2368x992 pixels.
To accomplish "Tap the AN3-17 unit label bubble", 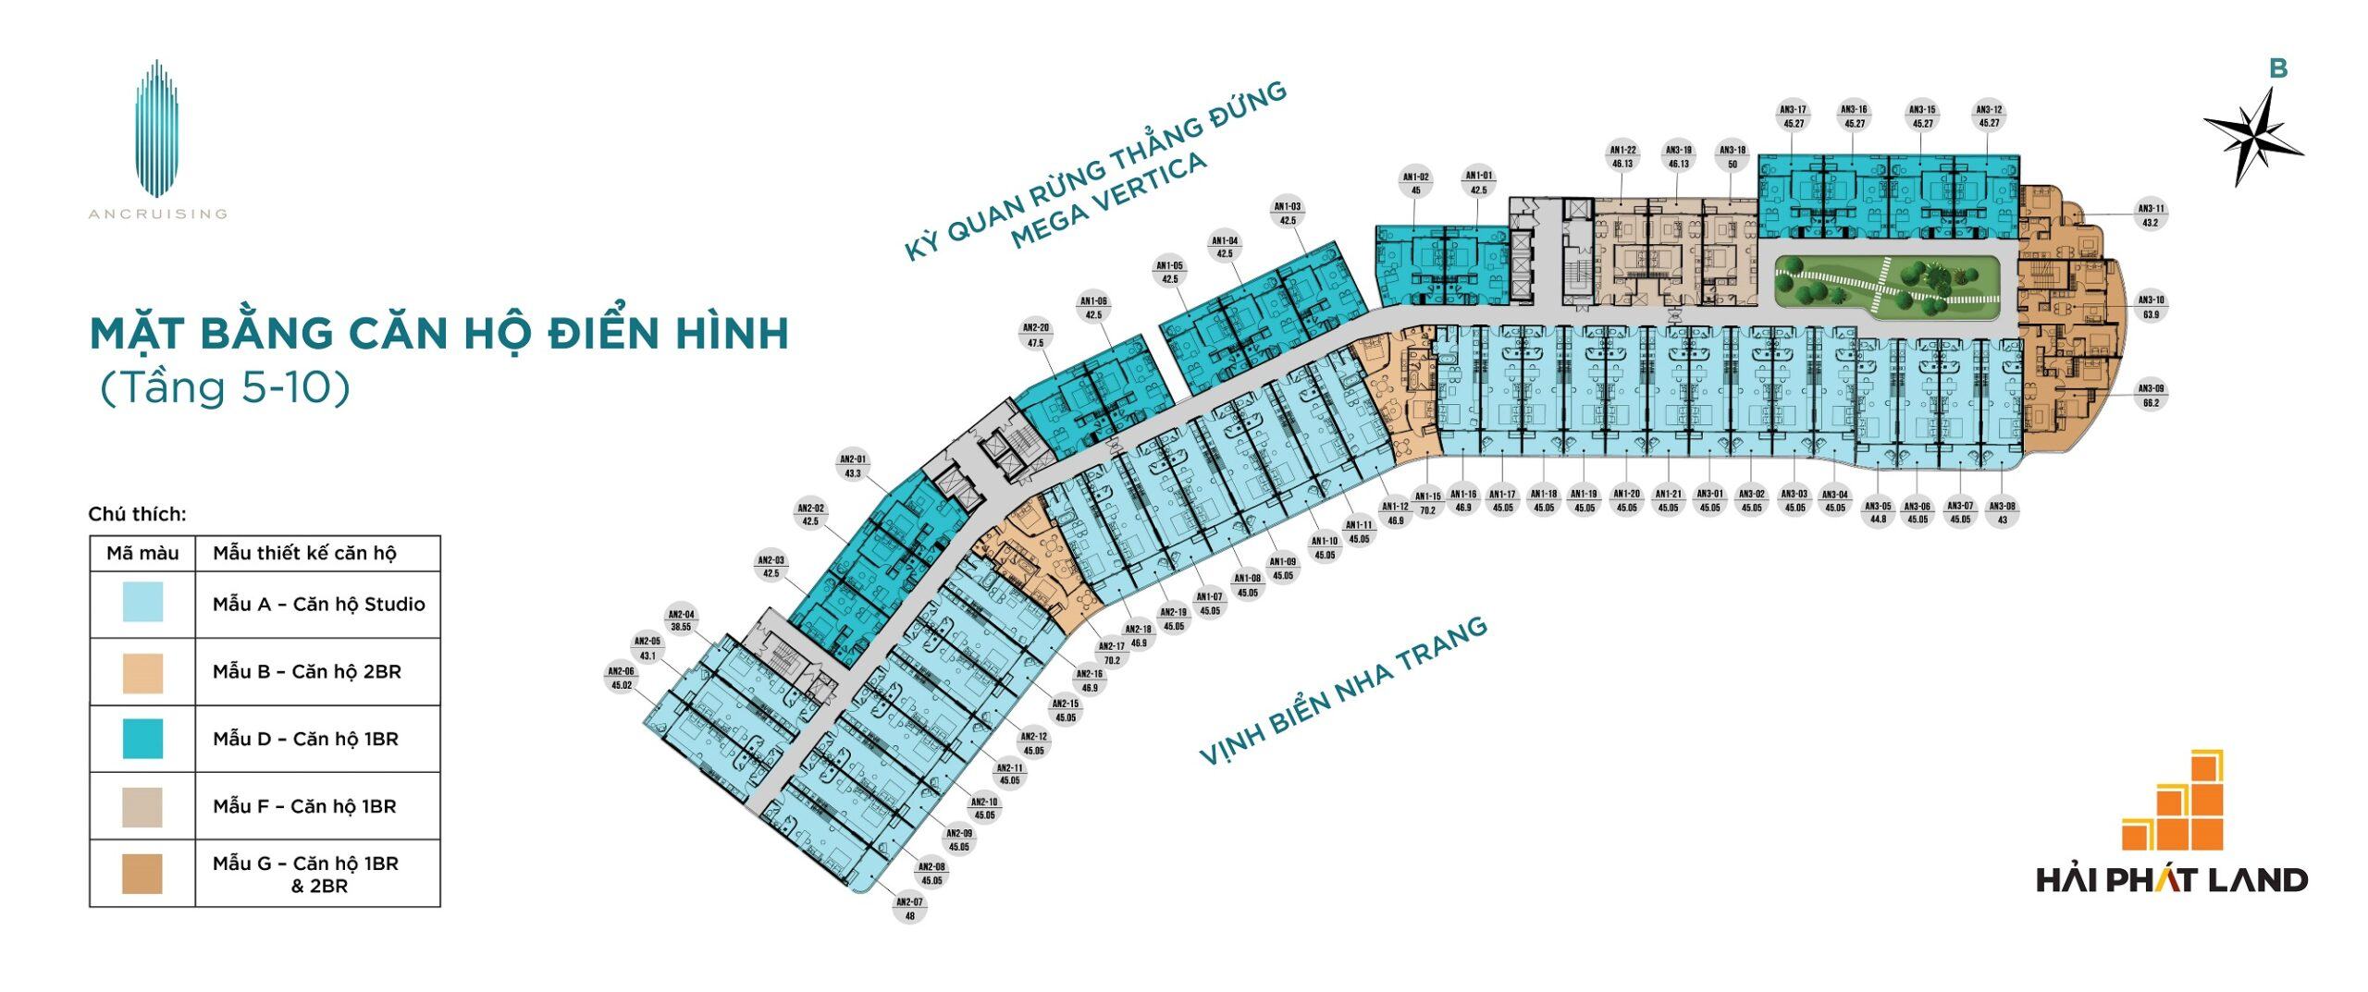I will pos(1793,116).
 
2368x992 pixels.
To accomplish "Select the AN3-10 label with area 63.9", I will pos(2151,307).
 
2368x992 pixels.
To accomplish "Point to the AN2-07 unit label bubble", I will pos(909,908).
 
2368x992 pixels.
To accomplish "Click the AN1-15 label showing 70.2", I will pos(1427,503).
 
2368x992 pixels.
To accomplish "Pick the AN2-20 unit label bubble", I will pos(1035,335).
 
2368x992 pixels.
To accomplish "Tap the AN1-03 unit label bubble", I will pos(1288,214).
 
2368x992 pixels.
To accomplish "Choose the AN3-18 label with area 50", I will pos(1733,156).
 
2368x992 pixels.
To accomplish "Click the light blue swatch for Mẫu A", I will pos(142,603).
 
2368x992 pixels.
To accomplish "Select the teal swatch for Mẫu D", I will pos(142,739).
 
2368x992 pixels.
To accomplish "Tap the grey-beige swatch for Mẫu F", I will pos(142,806).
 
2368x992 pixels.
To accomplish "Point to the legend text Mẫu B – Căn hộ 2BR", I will pos(307,672).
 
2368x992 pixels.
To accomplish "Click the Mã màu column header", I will pos(142,553).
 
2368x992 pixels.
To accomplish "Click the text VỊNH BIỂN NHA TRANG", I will pos(1342,691).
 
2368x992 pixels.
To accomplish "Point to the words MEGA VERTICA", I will pos(1108,201).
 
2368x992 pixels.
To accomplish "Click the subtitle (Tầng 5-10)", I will pos(225,387).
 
